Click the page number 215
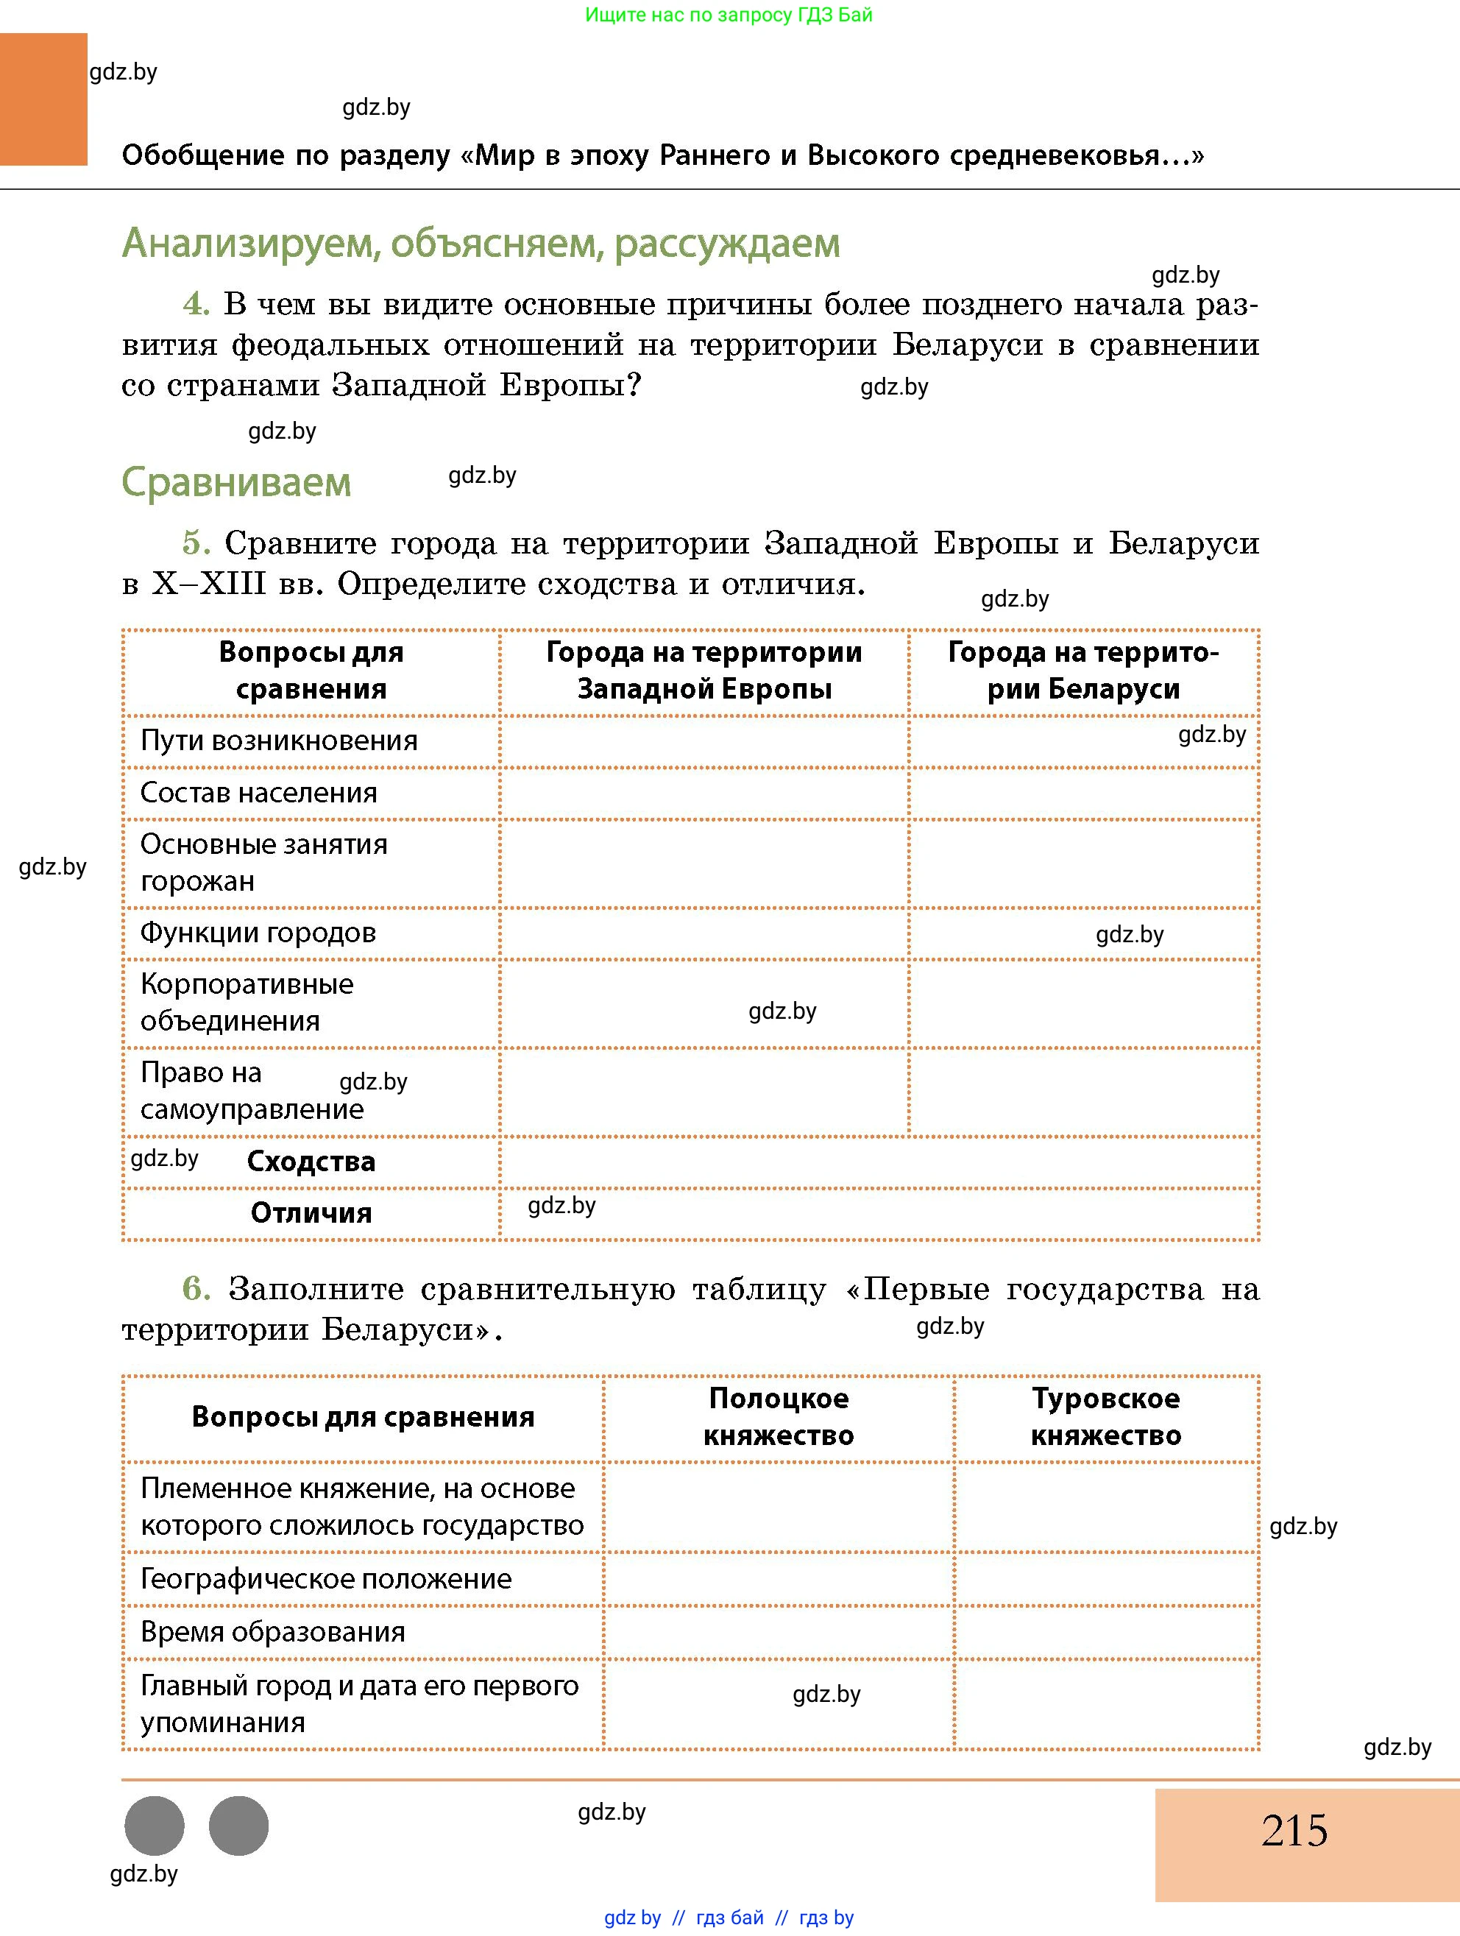click(1294, 1830)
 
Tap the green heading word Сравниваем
click(236, 482)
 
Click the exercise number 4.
click(196, 305)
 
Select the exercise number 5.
click(196, 543)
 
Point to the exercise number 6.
click(196, 1289)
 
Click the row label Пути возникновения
click(279, 741)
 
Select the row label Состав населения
click(259, 793)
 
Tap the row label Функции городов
click(258, 933)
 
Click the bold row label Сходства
click(311, 1162)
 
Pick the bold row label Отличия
click(311, 1213)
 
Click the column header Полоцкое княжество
click(778, 1417)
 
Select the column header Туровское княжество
click(1106, 1417)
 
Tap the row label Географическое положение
click(325, 1579)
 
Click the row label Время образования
click(273, 1632)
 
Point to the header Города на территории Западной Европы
click(704, 671)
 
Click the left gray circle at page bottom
click(155, 1826)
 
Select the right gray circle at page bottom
click(239, 1826)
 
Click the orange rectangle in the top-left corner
click(43, 99)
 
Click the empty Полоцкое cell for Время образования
click(778, 1632)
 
